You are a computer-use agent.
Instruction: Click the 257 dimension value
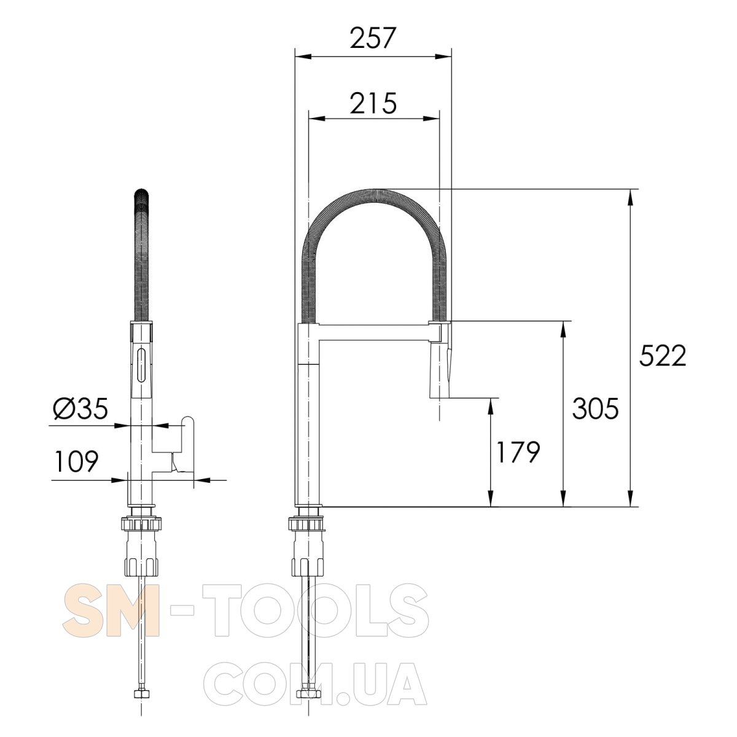coord(372,38)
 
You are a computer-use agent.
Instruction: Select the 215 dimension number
coord(373,103)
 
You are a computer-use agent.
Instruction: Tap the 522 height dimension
coord(663,356)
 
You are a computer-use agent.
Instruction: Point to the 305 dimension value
coord(595,408)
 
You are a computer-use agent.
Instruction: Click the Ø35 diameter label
coord(80,408)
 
